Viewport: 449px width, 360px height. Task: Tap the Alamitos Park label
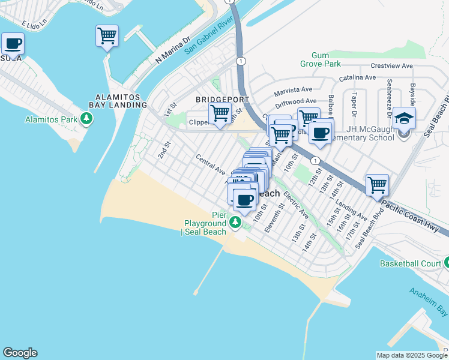tap(51, 119)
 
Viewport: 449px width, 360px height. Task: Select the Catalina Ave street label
tap(358, 77)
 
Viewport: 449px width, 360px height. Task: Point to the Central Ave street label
tap(210, 164)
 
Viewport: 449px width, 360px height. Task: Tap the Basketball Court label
tap(411, 263)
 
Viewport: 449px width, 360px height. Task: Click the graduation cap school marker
tap(405, 118)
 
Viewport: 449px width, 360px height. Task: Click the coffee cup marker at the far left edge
tap(13, 43)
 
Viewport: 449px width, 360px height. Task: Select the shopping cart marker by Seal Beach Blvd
tap(377, 185)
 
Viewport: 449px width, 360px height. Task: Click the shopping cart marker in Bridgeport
tap(220, 112)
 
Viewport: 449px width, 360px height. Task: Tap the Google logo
tap(20, 353)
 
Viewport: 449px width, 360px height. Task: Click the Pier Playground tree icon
tap(236, 223)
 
